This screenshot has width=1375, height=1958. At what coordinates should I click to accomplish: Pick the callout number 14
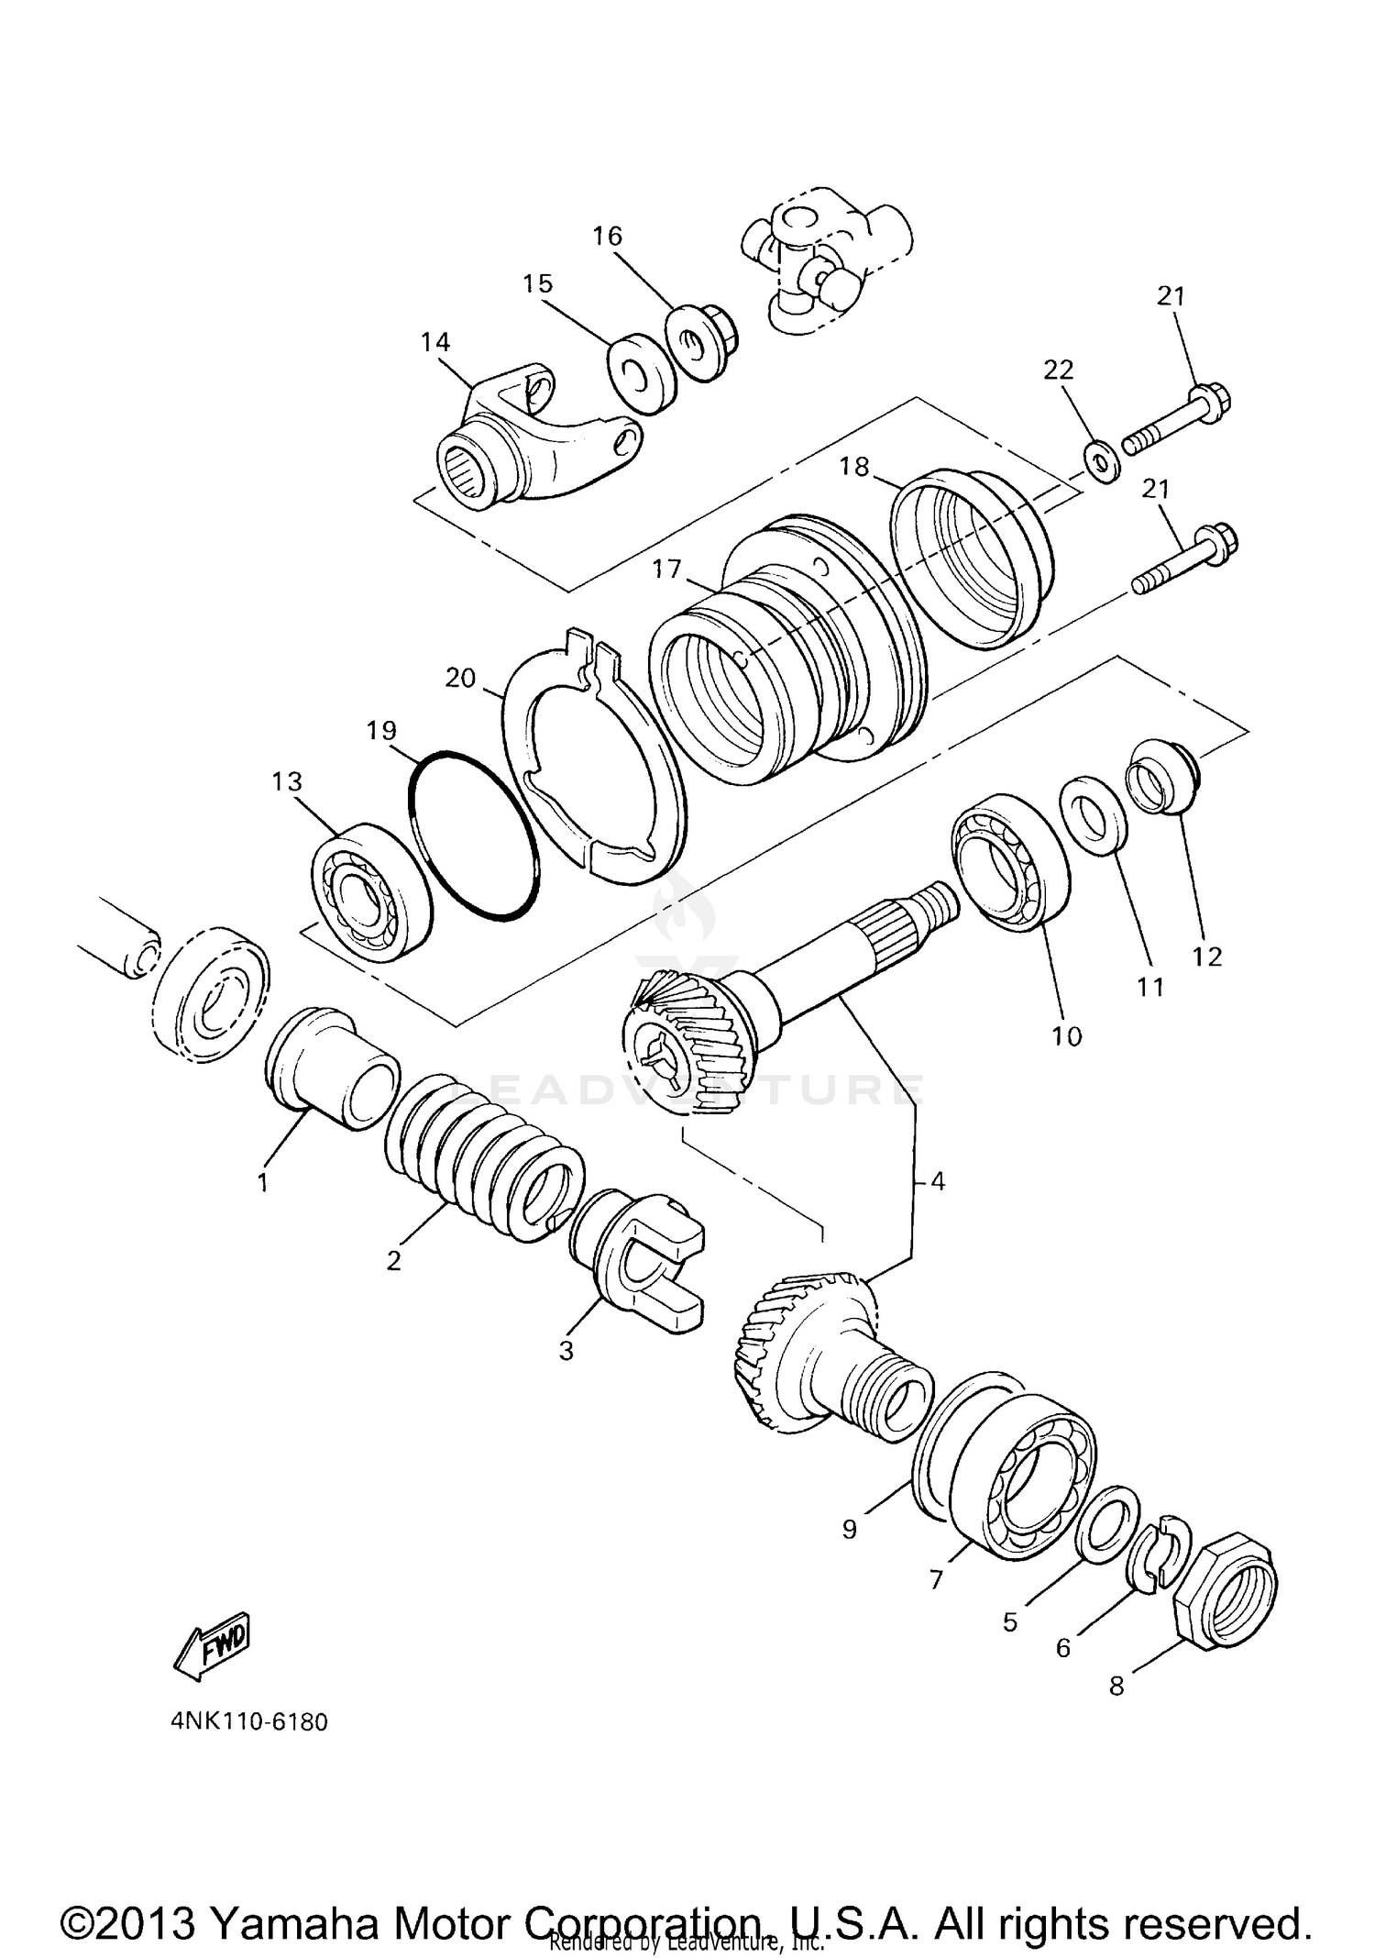tap(435, 342)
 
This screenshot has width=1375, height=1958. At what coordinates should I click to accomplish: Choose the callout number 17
tap(667, 570)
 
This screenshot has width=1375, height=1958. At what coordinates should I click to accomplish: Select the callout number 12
tap(1207, 957)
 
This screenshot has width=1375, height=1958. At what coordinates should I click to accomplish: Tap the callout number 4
tap(936, 1181)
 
